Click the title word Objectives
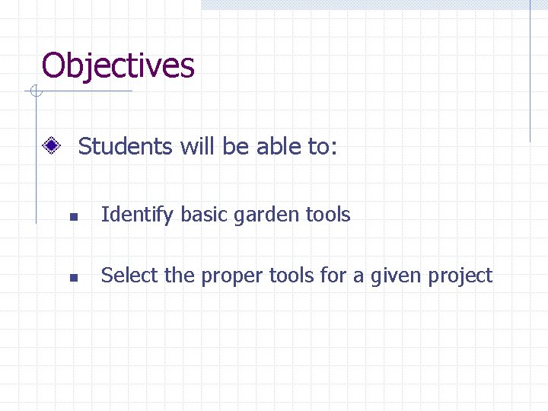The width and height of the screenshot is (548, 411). (x=118, y=65)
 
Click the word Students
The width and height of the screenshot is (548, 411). (x=126, y=146)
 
